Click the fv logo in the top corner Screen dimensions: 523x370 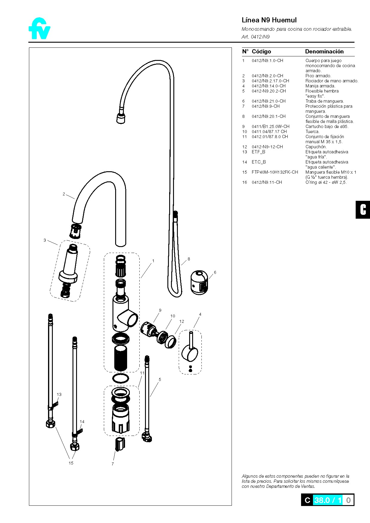click(39, 29)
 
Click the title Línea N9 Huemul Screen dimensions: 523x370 click(269, 20)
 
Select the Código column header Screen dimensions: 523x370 click(261, 52)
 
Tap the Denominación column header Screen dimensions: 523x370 click(324, 52)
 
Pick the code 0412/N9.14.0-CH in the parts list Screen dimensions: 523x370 click(268, 86)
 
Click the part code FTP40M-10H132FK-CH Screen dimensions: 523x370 click(275, 172)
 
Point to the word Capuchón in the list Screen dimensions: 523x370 click(316, 147)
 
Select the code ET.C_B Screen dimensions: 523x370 click(258, 162)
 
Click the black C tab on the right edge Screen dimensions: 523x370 click(363, 210)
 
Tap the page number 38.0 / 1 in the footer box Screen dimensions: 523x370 click(328, 500)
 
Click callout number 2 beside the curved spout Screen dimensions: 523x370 click(64, 194)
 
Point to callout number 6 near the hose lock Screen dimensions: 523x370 click(215, 272)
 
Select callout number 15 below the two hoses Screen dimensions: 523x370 click(71, 463)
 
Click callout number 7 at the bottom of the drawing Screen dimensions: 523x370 click(112, 464)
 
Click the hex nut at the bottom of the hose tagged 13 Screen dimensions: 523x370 click(50, 424)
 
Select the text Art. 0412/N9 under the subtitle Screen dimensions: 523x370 click(255, 37)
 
